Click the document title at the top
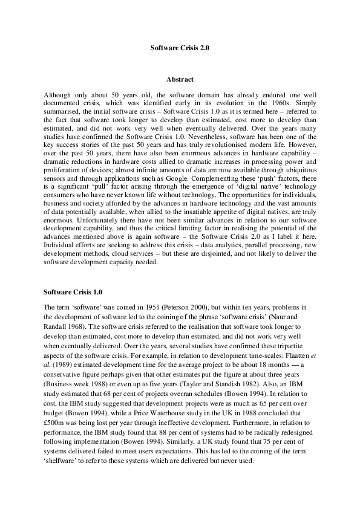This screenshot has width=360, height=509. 180,47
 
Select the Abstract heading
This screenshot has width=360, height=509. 180,79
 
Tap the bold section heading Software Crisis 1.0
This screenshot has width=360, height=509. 70,292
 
